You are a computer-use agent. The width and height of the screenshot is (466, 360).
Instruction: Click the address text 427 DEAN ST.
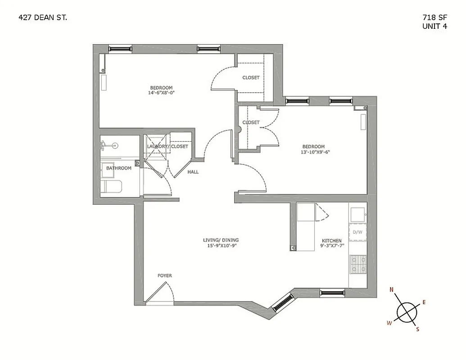point(43,18)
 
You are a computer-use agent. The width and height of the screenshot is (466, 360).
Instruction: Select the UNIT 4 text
point(434,26)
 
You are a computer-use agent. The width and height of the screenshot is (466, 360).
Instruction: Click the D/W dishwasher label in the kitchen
point(357,232)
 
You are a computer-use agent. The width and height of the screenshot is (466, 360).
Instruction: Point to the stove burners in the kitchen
point(358,264)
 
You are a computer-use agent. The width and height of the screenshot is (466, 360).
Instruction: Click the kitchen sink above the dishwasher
point(358,214)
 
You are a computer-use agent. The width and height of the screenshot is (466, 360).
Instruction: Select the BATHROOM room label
point(119,168)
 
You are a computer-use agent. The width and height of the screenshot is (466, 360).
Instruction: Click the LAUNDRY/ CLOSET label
point(167,146)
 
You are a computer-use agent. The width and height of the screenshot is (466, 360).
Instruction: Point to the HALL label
point(193,172)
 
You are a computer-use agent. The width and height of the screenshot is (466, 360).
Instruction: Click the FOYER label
point(164,275)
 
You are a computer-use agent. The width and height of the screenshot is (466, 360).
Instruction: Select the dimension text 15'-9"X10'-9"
point(221,246)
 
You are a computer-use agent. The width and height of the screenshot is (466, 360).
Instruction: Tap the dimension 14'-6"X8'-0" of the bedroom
point(161,93)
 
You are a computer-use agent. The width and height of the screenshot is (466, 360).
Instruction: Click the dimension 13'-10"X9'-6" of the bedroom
point(313,152)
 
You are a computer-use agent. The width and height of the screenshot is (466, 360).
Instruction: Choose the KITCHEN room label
point(331,241)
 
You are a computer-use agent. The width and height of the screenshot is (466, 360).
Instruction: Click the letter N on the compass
point(392,289)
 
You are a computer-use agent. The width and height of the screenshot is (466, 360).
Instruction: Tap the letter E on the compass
point(424,302)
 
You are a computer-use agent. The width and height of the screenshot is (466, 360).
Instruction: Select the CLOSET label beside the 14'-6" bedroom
point(251,77)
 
